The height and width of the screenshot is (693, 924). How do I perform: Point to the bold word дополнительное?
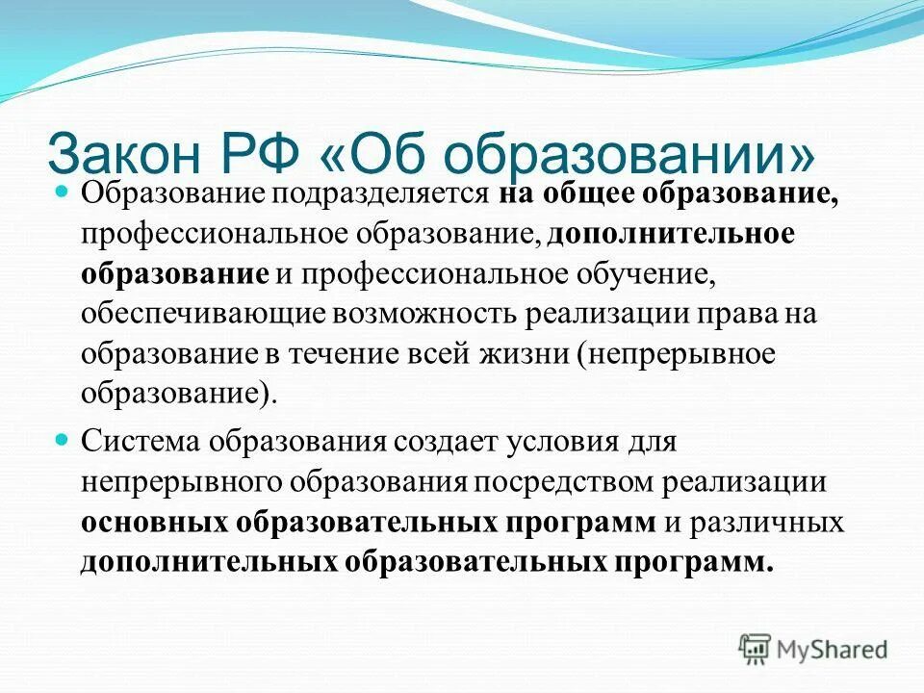672,236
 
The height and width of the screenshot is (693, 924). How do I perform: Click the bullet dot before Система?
63,439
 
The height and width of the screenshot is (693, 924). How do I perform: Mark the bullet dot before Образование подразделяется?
63,191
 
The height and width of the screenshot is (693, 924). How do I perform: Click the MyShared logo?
813,649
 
